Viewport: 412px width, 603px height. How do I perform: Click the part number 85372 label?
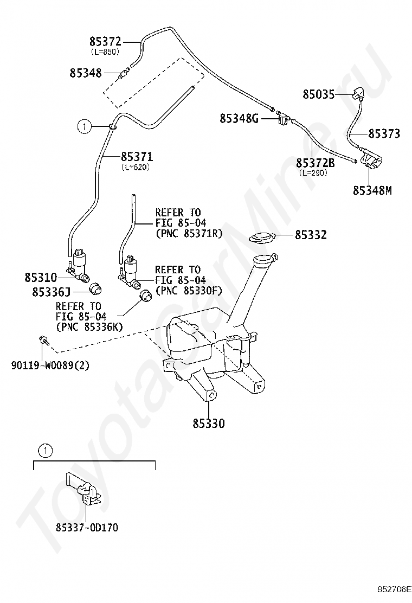pyautogui.click(x=105, y=41)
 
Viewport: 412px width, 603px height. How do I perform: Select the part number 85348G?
pyautogui.click(x=239, y=118)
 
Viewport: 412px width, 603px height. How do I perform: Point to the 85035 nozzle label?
pyautogui.click(x=319, y=94)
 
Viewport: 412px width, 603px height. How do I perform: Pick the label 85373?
pyautogui.click(x=384, y=133)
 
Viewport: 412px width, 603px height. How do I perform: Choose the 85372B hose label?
pyautogui.click(x=315, y=163)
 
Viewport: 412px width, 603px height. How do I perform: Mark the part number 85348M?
pyautogui.click(x=372, y=190)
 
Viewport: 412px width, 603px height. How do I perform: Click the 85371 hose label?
pyautogui.click(x=137, y=157)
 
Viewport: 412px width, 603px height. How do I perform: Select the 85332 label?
pyautogui.click(x=311, y=235)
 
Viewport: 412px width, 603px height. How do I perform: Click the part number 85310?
pyautogui.click(x=41, y=277)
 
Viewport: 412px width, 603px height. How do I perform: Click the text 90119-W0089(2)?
pyautogui.click(x=50, y=365)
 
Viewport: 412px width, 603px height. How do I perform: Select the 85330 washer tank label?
pyautogui.click(x=209, y=424)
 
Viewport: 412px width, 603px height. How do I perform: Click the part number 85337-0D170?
pyautogui.click(x=87, y=527)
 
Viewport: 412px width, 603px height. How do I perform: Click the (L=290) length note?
pyautogui.click(x=313, y=172)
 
